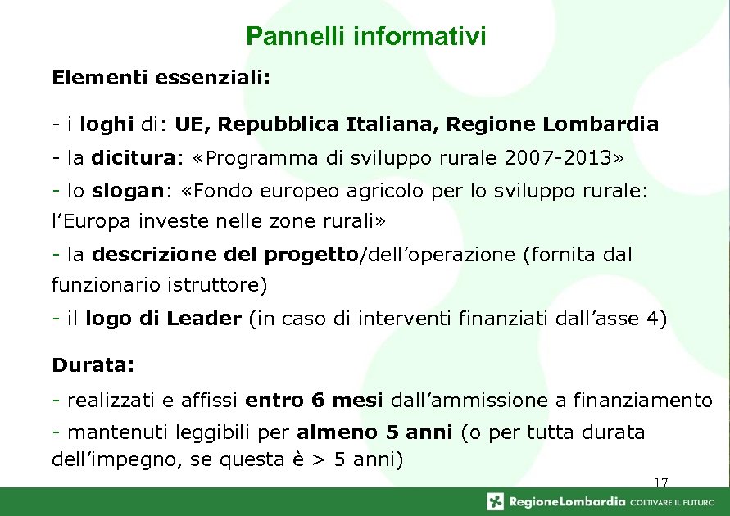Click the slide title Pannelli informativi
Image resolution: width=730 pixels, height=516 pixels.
click(x=365, y=37)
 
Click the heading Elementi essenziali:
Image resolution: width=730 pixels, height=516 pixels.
click(x=161, y=79)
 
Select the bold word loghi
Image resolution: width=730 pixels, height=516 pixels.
click(x=109, y=125)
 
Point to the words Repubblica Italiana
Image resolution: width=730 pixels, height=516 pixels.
click(x=331, y=125)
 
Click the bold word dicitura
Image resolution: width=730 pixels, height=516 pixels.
click(x=131, y=157)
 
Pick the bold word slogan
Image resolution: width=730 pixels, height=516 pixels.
click(x=128, y=190)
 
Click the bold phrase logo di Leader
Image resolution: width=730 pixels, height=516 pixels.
click(x=163, y=319)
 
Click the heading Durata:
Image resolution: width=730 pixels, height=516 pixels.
click(x=93, y=363)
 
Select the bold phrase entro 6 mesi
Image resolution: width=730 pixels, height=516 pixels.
click(x=314, y=401)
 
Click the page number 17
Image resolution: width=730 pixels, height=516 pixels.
click(x=660, y=483)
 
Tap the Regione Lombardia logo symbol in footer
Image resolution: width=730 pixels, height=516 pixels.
click(x=496, y=501)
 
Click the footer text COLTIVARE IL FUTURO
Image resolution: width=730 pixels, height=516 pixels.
click(x=673, y=501)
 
